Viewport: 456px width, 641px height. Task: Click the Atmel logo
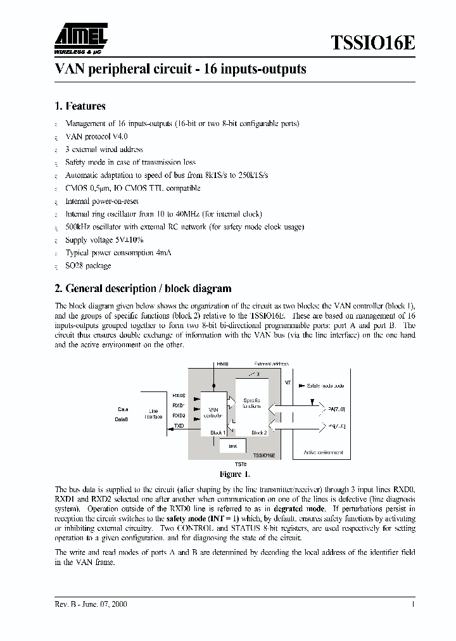80,40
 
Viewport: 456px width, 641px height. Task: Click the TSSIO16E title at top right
373,43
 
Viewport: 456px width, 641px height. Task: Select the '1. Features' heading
80,106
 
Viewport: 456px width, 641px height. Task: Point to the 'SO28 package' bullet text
88,265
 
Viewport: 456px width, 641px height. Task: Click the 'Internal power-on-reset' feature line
102,201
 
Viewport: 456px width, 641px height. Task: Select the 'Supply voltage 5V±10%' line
104,240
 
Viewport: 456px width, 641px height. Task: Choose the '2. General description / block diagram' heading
143,288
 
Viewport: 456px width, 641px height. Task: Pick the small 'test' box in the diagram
232,447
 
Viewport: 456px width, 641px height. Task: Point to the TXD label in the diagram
179,426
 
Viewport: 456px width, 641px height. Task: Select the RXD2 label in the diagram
179,416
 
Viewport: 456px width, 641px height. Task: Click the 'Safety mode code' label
326,385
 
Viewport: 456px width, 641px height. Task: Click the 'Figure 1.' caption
234,474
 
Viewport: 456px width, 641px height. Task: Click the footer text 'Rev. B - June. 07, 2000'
91,604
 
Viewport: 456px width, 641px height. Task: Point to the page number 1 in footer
413,604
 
